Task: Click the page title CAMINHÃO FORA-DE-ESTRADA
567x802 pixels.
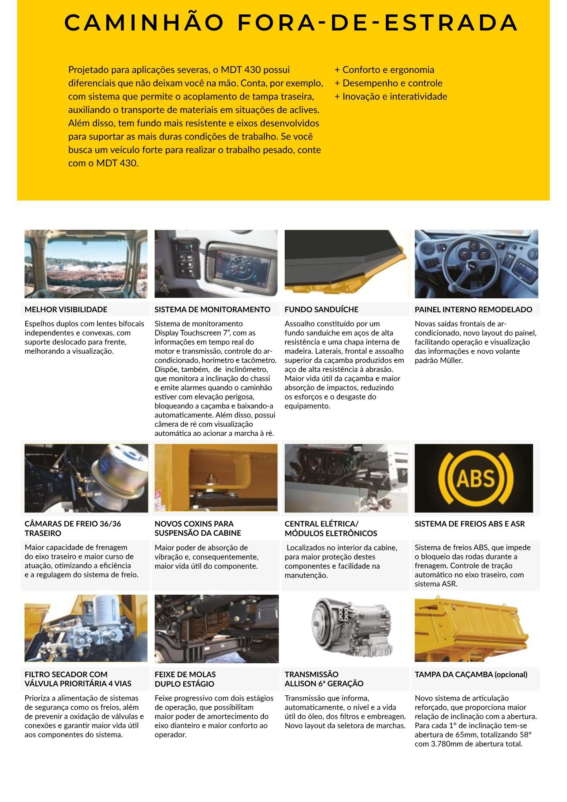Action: click(x=291, y=22)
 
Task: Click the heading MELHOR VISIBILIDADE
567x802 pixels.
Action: click(x=66, y=310)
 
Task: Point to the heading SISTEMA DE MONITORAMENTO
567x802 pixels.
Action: click(x=213, y=310)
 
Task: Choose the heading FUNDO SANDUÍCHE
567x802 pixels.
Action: click(x=321, y=310)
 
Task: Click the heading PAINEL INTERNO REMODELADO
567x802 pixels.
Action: click(x=473, y=310)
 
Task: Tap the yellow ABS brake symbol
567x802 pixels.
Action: click(x=476, y=478)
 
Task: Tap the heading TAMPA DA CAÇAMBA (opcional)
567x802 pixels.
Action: click(x=471, y=674)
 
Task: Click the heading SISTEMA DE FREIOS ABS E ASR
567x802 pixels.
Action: click(x=470, y=524)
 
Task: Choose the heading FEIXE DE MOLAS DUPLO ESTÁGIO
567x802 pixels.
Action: click(x=185, y=679)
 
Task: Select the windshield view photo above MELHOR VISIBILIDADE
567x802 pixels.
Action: click(x=85, y=264)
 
